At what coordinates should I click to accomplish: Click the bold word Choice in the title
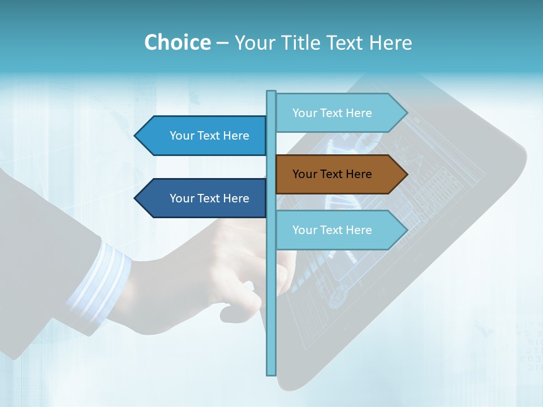coord(177,42)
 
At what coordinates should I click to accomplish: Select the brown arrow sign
coord(339,174)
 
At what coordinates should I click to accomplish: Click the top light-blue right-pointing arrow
coord(339,112)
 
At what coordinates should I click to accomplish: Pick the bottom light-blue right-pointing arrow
coord(339,230)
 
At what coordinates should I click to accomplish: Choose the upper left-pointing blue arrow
coord(204,136)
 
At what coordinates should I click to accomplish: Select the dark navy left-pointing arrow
coord(204,198)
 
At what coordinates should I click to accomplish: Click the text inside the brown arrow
coord(332,174)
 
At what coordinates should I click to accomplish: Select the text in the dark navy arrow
coord(209,198)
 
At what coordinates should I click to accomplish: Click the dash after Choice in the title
coord(222,43)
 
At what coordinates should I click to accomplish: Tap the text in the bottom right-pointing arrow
coord(332,230)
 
